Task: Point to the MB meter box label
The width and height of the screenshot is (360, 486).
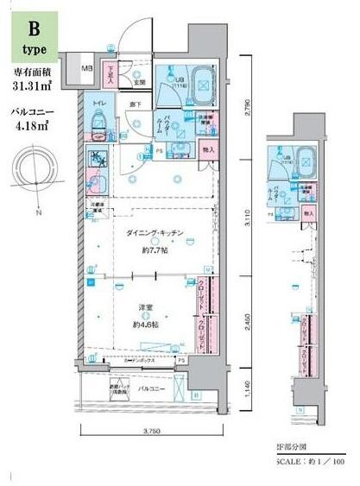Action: click(x=87, y=69)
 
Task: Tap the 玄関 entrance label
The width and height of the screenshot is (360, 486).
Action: click(x=138, y=83)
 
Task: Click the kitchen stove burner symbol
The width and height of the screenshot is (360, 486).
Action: click(x=98, y=160)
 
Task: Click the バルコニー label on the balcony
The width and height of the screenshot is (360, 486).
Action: click(x=152, y=388)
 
